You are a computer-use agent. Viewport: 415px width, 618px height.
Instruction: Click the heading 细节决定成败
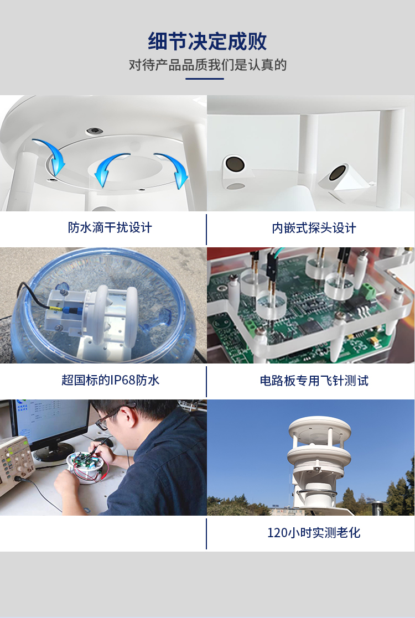(x=207, y=41)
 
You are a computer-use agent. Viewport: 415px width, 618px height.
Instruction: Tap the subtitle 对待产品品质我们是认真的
(x=207, y=65)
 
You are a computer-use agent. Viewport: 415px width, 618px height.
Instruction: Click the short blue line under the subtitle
(x=205, y=79)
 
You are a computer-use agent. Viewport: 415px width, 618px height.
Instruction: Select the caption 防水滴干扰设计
(x=110, y=227)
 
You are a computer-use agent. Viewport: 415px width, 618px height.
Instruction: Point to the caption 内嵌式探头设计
(x=314, y=228)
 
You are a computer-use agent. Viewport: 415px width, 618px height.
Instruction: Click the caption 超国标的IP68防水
(x=110, y=380)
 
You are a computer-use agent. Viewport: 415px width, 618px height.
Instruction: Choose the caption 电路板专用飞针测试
(x=314, y=380)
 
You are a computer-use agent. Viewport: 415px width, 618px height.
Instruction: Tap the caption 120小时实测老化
(x=314, y=532)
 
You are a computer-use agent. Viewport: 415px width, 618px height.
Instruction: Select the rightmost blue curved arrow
(x=175, y=168)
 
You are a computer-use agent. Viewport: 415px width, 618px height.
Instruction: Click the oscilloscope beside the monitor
(x=15, y=465)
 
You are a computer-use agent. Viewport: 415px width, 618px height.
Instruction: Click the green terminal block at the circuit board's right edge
(x=369, y=292)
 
